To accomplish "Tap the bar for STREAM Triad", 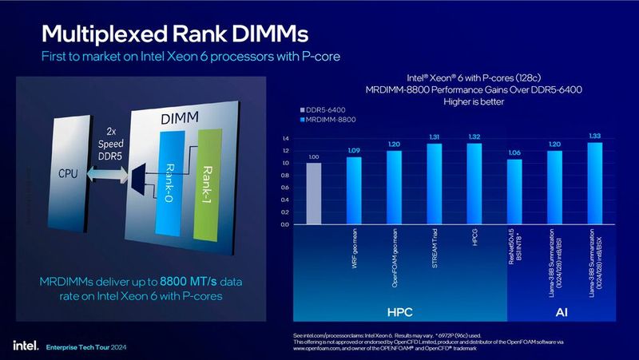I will point(434,184).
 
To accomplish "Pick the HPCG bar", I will point(474,183).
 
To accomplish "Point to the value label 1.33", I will point(594,136).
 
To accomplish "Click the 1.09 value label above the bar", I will point(354,150).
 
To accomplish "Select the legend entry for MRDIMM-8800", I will point(327,118).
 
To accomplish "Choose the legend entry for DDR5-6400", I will point(325,109).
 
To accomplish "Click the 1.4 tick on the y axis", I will point(285,138).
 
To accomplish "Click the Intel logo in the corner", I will point(21,346).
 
